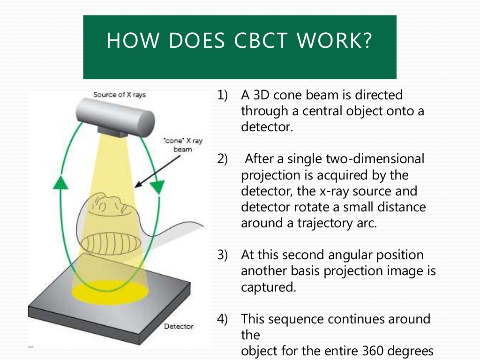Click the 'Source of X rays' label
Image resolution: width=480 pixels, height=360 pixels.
click(120, 95)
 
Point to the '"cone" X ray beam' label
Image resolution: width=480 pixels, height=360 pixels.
click(183, 145)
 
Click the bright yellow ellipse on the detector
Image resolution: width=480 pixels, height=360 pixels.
click(110, 292)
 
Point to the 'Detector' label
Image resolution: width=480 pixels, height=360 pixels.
click(178, 326)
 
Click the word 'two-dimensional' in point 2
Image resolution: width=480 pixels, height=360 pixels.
click(375, 159)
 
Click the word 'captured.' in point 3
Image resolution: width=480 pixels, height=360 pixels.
click(268, 287)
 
